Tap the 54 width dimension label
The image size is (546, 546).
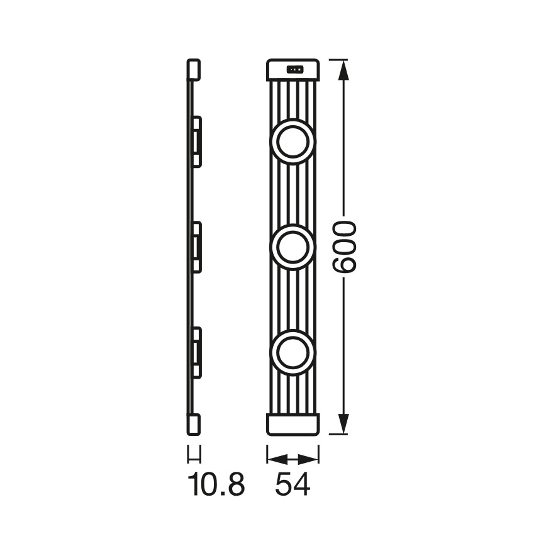[x=292, y=484]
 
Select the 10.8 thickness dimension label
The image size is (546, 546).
[x=216, y=484]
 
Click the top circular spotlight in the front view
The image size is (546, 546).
[x=292, y=142]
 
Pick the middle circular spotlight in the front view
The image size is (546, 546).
[x=292, y=247]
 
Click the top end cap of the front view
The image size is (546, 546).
[x=292, y=70]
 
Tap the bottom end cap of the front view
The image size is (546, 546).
[x=292, y=423]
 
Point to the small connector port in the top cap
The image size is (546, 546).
[x=294, y=69]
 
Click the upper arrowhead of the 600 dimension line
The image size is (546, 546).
[x=343, y=69]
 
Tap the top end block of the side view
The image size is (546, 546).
[x=194, y=70]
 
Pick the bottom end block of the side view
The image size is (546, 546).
[x=194, y=423]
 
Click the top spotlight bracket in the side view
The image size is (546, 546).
[x=196, y=142]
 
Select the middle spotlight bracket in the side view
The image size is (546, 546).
[x=196, y=247]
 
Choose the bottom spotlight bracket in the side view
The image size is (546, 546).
[x=196, y=352]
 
